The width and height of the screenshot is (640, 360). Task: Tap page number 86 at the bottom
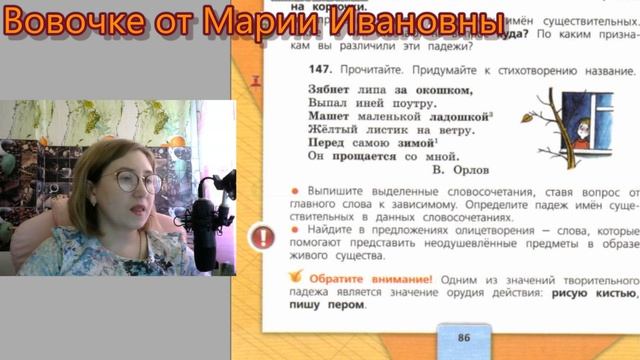[x=464, y=337]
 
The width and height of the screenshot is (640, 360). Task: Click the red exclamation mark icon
[x=262, y=237]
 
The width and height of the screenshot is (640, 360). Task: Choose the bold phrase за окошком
[x=417, y=89]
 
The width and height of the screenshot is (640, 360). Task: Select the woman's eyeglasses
[x=138, y=181]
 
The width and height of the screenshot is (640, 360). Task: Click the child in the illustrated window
[x=582, y=127]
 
